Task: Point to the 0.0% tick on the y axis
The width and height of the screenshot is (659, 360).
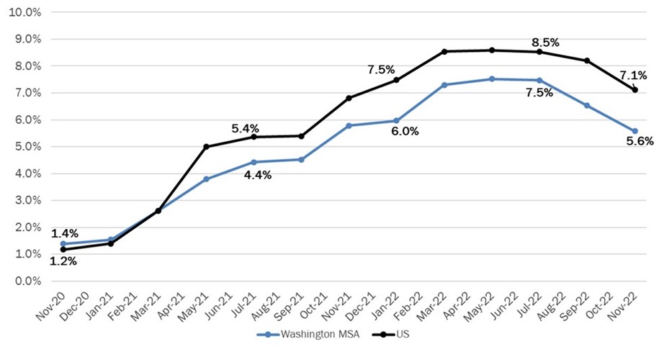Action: [x=25, y=281]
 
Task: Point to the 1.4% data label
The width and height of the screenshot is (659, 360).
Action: [x=64, y=233]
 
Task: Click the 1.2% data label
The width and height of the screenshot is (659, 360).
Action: [x=63, y=261]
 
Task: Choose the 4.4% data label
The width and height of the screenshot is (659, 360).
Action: [x=256, y=175]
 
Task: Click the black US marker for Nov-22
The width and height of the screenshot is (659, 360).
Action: [x=635, y=90]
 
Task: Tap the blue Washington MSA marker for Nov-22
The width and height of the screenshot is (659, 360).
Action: [x=635, y=131]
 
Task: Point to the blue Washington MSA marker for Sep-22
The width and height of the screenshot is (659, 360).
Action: [x=587, y=106]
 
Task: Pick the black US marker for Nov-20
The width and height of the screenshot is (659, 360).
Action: [x=63, y=249]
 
